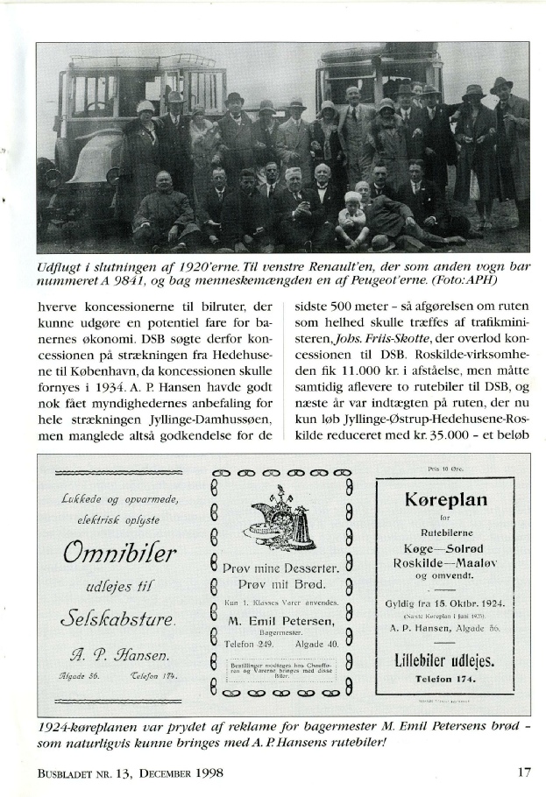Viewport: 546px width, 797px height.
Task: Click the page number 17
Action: pyautogui.click(x=523, y=773)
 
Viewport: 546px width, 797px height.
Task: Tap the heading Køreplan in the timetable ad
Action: pyautogui.click(x=446, y=502)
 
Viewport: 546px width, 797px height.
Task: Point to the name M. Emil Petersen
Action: pyautogui.click(x=280, y=619)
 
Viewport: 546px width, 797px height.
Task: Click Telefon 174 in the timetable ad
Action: pyautogui.click(x=445, y=679)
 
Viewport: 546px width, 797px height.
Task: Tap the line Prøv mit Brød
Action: pyautogui.click(x=280, y=584)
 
